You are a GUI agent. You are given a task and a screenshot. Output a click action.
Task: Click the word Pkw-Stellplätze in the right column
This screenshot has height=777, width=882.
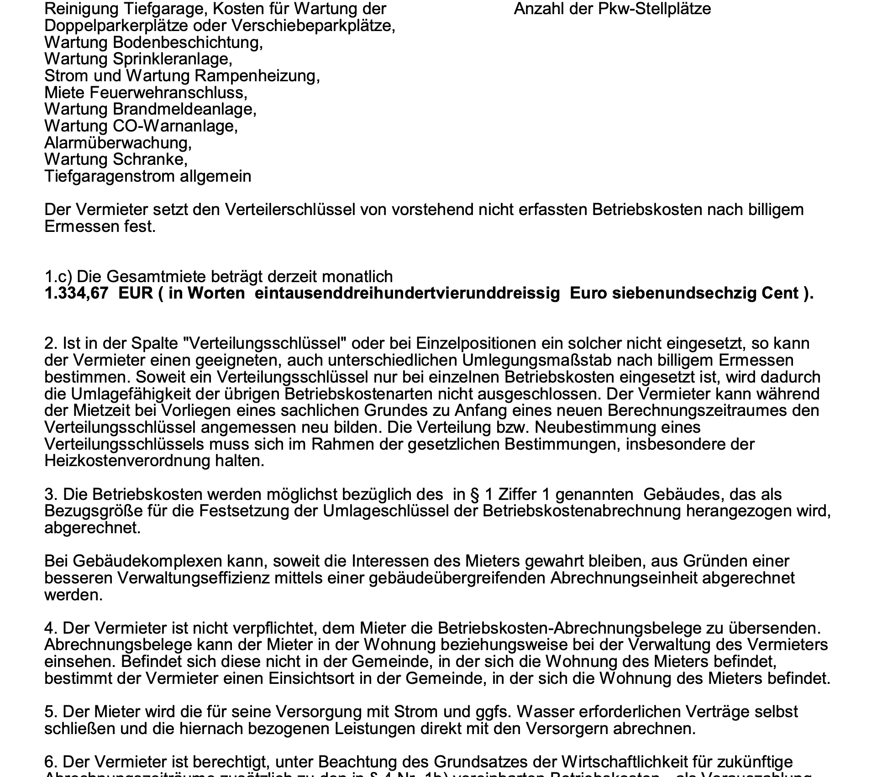pyautogui.click(x=655, y=9)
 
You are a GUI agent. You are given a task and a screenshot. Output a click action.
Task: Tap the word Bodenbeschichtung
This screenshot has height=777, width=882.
pyautogui.click(x=188, y=42)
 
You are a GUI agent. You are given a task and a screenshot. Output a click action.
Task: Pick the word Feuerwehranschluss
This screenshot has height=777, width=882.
pyautogui.click(x=168, y=93)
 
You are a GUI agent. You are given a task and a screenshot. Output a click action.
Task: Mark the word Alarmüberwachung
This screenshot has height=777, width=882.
pyautogui.click(x=118, y=143)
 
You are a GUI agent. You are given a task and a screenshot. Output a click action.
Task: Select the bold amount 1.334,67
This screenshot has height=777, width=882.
pyautogui.click(x=76, y=293)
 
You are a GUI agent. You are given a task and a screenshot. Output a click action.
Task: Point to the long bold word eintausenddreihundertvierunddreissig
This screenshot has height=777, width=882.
pyautogui.click(x=407, y=293)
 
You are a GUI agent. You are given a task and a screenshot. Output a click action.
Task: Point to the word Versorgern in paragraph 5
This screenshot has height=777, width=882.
pyautogui.click(x=568, y=729)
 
